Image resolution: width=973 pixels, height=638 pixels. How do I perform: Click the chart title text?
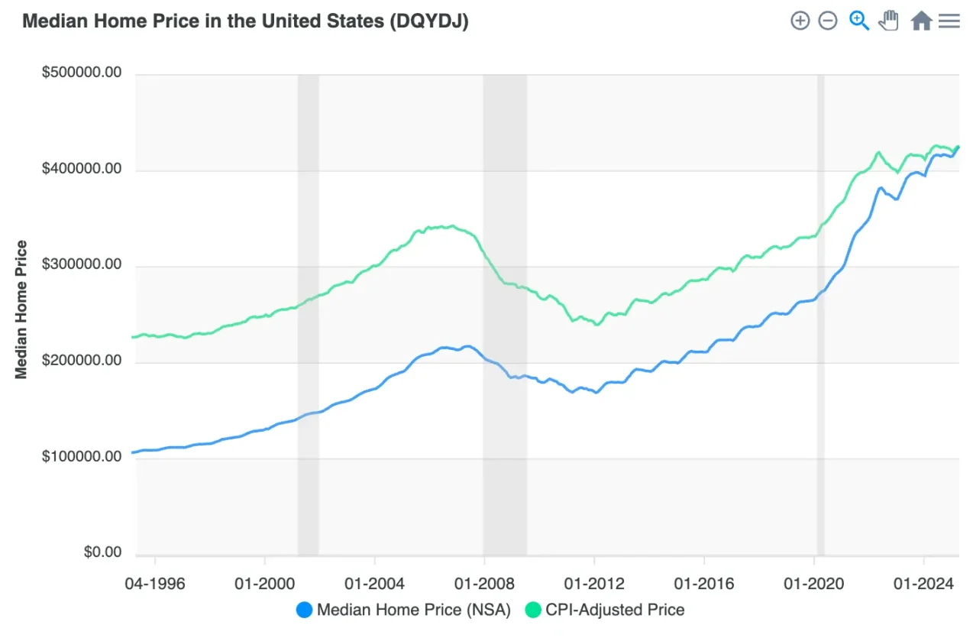pos(245,21)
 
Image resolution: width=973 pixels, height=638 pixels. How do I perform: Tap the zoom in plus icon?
pos(800,21)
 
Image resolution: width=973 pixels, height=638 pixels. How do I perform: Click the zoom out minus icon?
pos(828,21)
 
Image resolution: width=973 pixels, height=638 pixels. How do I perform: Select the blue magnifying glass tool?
pos(859,21)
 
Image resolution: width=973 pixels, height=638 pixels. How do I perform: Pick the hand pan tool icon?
pos(888,21)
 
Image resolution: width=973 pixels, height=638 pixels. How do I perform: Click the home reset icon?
pos(921,21)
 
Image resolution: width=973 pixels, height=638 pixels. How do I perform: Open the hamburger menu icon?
pos(949,21)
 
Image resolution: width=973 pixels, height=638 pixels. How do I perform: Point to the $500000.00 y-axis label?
pos(82,73)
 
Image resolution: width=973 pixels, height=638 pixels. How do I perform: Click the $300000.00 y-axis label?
pos(82,265)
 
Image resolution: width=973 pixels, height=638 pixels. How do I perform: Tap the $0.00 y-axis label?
pos(102,552)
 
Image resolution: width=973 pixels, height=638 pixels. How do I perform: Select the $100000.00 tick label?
pos(82,457)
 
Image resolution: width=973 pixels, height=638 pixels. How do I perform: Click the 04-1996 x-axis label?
pos(154,584)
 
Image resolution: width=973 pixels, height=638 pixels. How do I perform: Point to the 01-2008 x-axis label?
pos(483,584)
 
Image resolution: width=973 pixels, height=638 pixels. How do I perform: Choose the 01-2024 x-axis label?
pos(924,584)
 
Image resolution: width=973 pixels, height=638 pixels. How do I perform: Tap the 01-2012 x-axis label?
pos(593,584)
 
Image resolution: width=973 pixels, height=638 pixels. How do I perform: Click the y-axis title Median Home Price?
pos(21,309)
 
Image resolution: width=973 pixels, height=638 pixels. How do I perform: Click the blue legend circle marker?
pos(304,610)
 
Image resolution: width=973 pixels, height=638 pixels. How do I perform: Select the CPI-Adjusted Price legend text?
pos(615,610)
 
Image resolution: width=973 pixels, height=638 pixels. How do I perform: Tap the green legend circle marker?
pos(533,610)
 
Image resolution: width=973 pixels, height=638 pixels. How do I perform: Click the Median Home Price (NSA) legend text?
pos(413,610)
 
